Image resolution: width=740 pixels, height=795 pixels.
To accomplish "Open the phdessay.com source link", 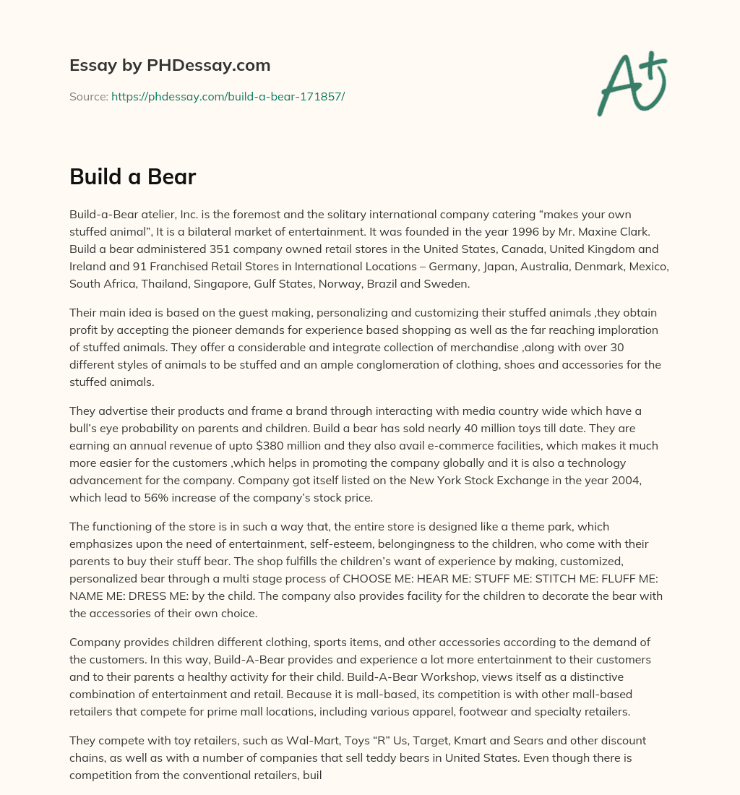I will pos(228,96).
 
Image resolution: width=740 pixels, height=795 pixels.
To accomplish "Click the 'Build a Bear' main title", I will pos(132,177).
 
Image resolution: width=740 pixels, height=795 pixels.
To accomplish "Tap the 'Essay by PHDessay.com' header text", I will pos(170,66).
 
